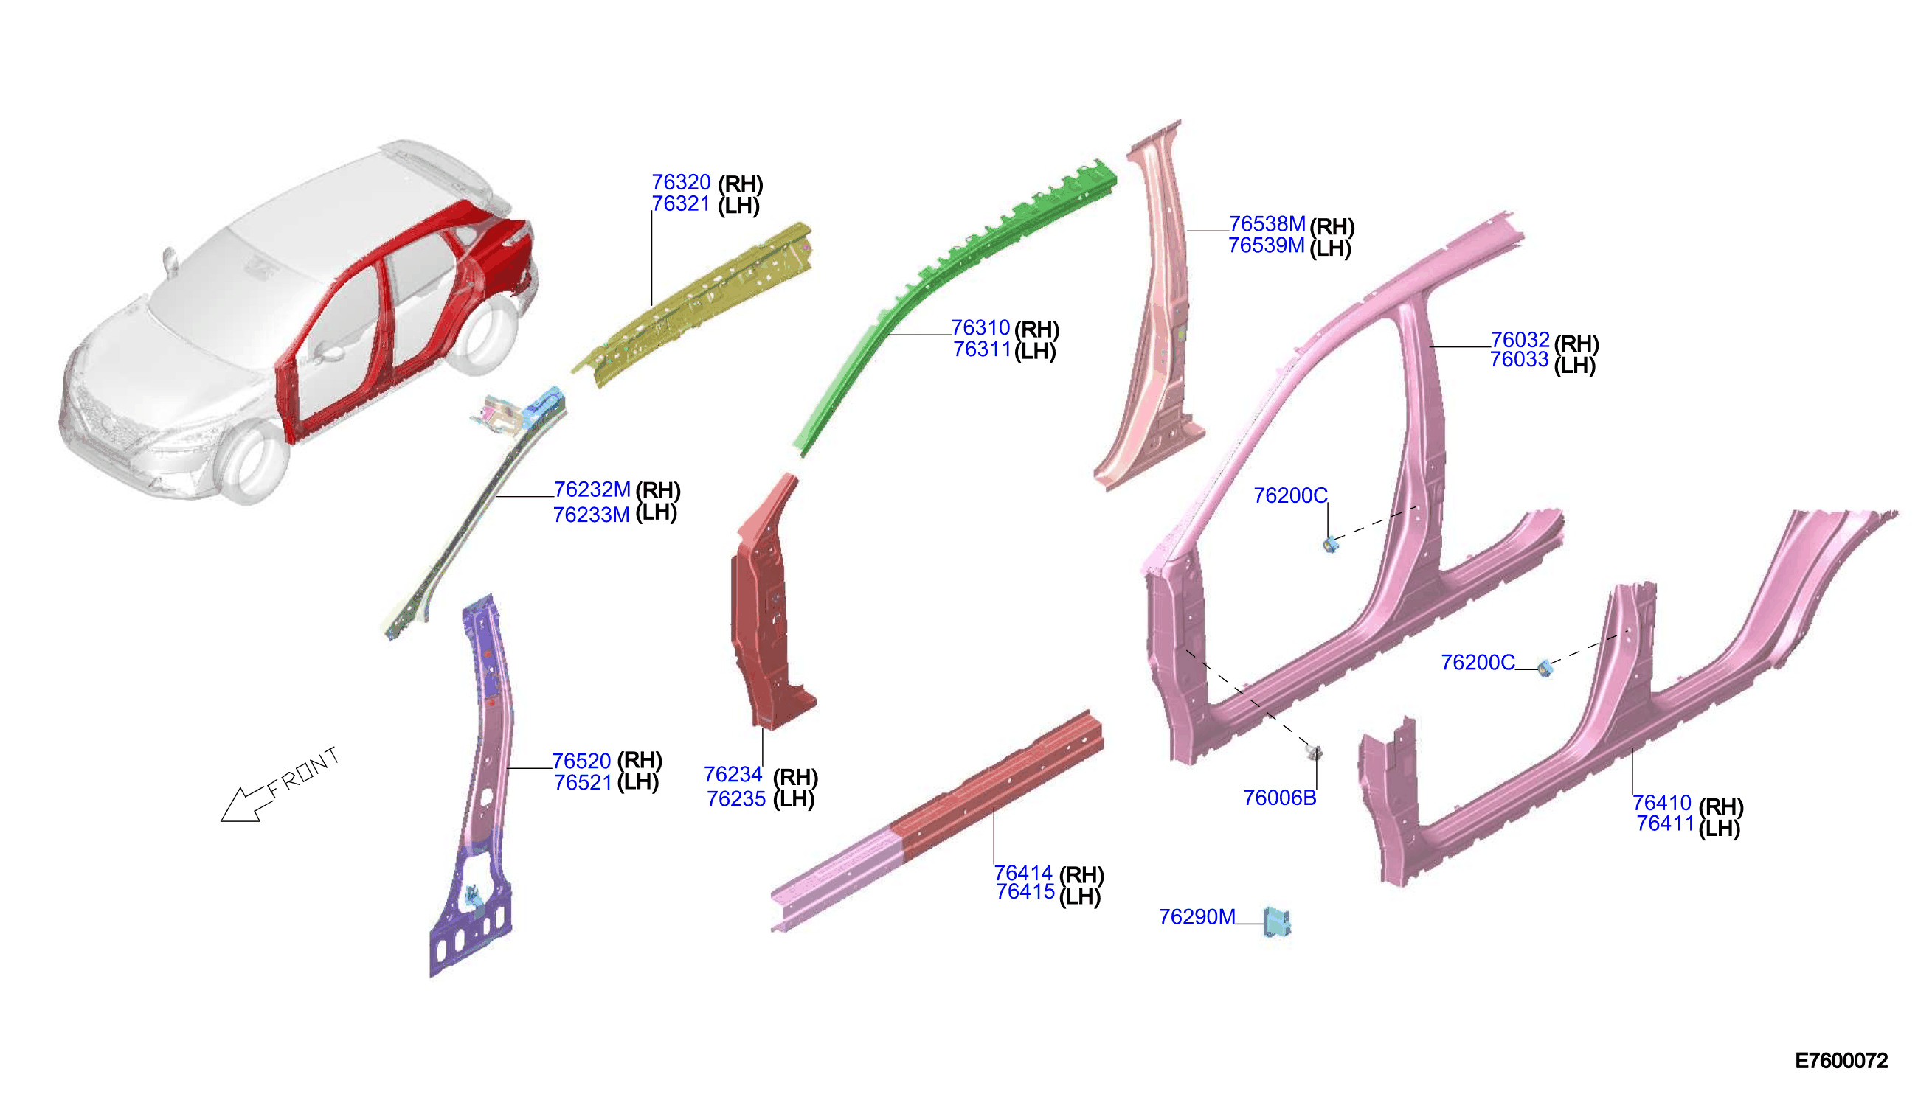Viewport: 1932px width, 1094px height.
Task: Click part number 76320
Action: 680,183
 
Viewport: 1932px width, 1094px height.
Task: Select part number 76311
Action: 982,349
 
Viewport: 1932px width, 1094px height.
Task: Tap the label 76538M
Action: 1267,224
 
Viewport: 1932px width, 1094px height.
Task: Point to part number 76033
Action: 1520,360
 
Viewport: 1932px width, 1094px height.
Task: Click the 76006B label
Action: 1279,798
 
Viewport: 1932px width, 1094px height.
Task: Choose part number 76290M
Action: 1197,917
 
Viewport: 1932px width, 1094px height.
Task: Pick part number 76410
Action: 1661,804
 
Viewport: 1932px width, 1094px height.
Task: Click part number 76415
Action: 1025,892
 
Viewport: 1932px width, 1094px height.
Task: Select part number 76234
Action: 733,775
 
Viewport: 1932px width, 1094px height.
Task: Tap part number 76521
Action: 584,783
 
